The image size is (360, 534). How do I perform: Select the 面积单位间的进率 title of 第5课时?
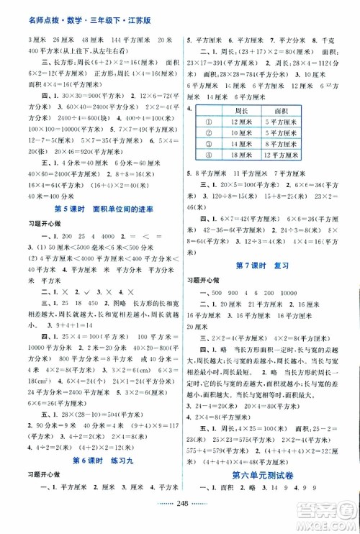107,190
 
